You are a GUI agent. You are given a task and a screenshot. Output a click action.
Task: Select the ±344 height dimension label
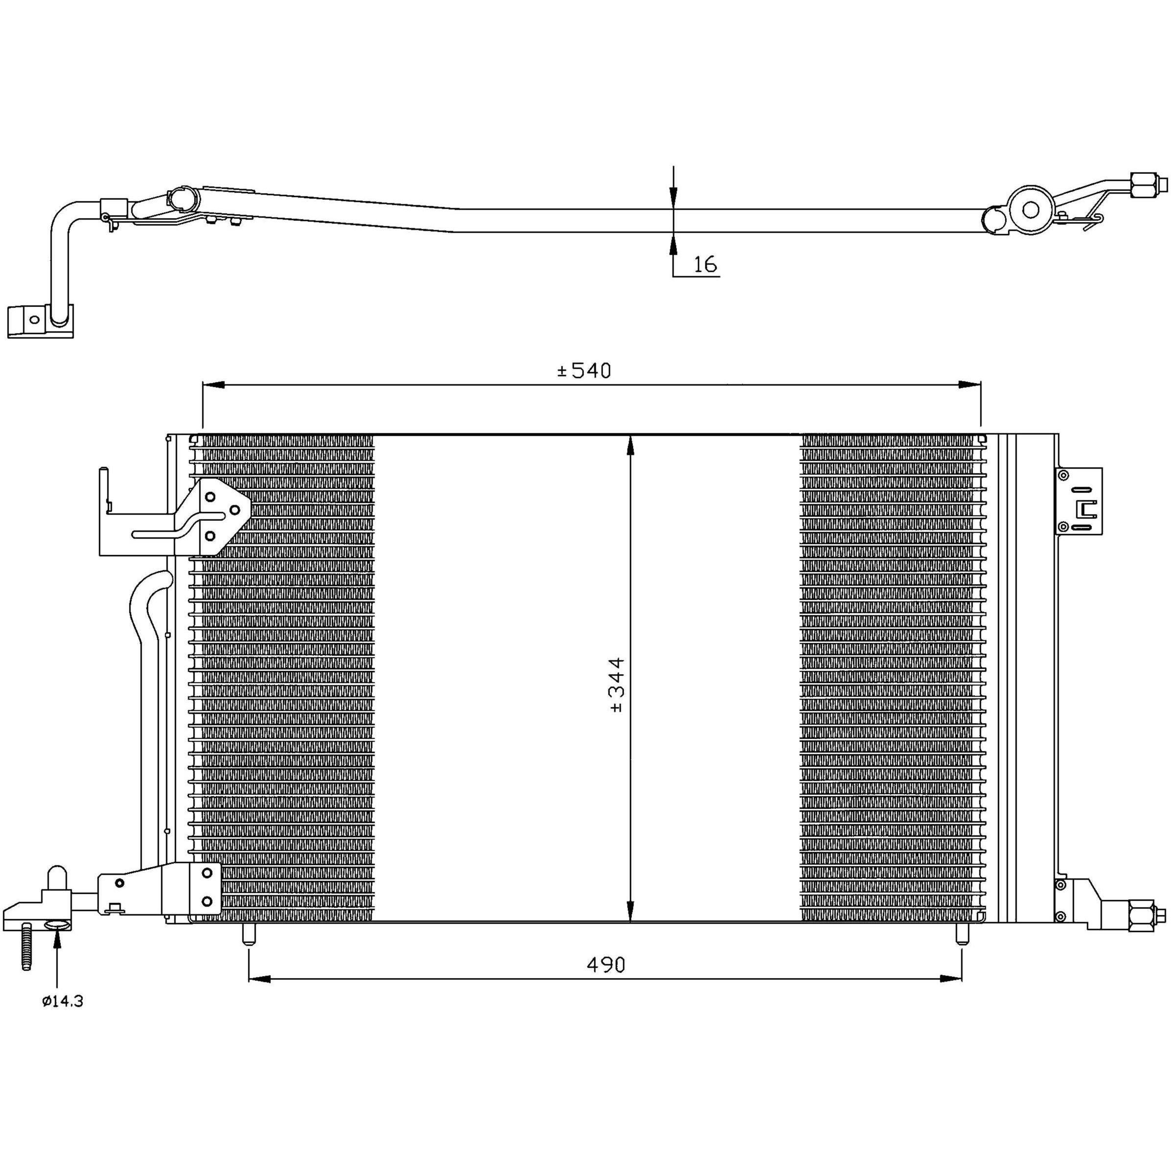[x=617, y=684]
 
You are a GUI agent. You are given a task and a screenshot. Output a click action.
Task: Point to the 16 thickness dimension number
[x=705, y=264]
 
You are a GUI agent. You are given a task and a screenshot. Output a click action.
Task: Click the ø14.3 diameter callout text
[x=63, y=1002]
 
